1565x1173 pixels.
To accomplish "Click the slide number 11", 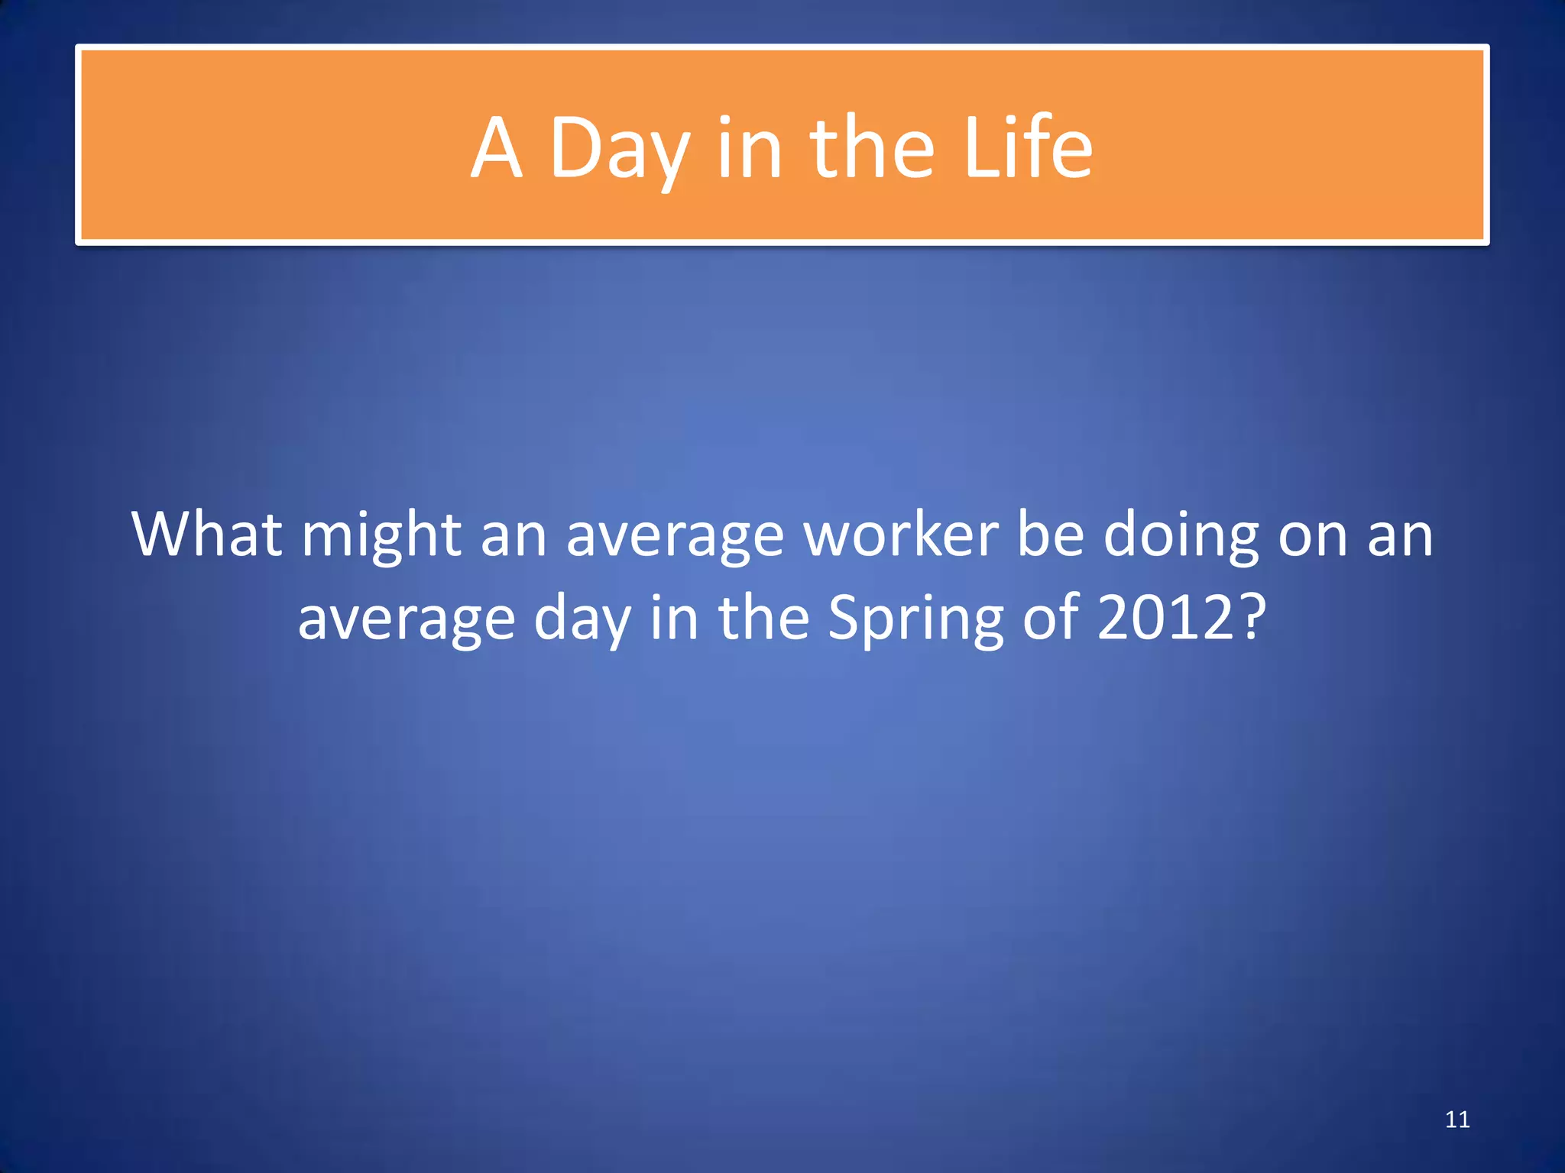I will [1457, 1120].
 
